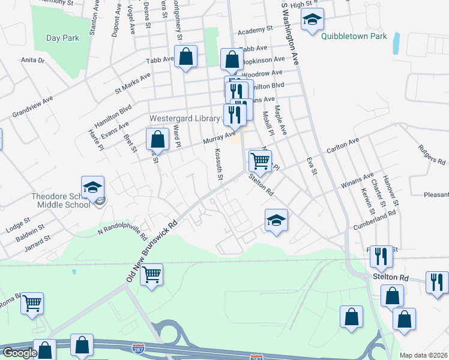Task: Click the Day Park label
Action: (62, 38)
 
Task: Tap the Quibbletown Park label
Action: (354, 37)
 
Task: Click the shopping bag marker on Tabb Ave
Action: (187, 58)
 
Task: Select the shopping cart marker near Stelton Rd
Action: (260, 160)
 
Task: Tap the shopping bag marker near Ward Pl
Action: (157, 139)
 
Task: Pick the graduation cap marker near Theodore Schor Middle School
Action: (93, 187)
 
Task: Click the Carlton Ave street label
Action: (342, 145)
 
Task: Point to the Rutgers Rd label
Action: (432, 154)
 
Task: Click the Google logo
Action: (19, 353)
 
